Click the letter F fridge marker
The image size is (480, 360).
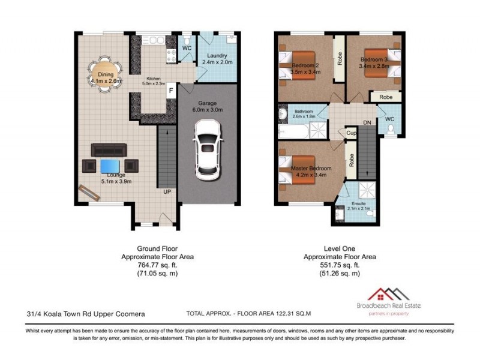[170, 91]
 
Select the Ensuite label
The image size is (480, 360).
[358, 204]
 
